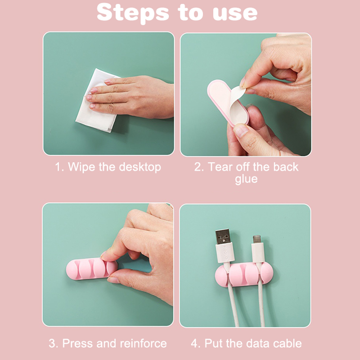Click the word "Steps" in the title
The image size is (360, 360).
pyautogui.click(x=133, y=13)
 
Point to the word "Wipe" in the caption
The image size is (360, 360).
pyautogui.click(x=81, y=167)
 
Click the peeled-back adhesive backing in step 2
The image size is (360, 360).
pyautogui.click(x=238, y=104)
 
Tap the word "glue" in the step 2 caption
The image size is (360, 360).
pyautogui.click(x=246, y=179)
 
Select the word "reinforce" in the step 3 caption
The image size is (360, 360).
pyautogui.click(x=143, y=343)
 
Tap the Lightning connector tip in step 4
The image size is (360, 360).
pyautogui.click(x=257, y=239)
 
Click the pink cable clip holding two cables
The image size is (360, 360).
pyautogui.click(x=244, y=274)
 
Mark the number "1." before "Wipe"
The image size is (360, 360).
pyautogui.click(x=59, y=167)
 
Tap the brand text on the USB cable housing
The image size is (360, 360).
pyautogui.click(x=225, y=252)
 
